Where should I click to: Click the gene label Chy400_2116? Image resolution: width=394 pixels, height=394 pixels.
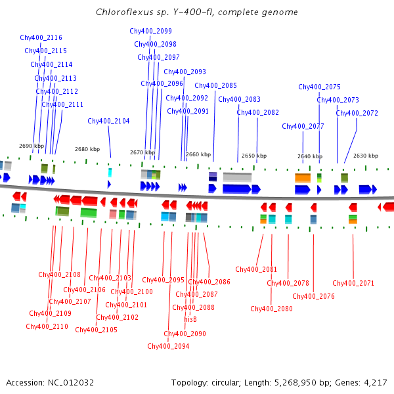click(41, 38)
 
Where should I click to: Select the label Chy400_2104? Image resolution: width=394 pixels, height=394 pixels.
click(108, 121)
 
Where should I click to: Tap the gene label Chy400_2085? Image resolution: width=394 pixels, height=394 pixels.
click(215, 85)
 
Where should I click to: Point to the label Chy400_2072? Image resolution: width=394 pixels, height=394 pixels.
click(357, 113)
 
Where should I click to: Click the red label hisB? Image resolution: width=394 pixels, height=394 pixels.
click(190, 319)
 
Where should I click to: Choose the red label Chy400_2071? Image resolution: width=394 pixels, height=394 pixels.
click(353, 283)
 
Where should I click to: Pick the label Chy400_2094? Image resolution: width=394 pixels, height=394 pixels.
click(168, 346)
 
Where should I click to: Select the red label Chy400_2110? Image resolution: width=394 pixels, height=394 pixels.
click(47, 326)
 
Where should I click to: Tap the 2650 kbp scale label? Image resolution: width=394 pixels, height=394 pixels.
click(254, 156)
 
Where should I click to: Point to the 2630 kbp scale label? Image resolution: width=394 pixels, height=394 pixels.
click(366, 156)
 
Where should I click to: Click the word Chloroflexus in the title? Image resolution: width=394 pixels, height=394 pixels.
click(120, 12)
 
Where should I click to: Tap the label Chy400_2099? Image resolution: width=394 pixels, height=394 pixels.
click(150, 31)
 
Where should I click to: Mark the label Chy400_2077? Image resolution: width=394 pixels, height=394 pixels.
click(303, 126)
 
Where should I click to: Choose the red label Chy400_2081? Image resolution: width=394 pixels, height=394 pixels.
click(256, 269)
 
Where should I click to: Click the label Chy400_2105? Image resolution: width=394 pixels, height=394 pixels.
click(96, 330)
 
